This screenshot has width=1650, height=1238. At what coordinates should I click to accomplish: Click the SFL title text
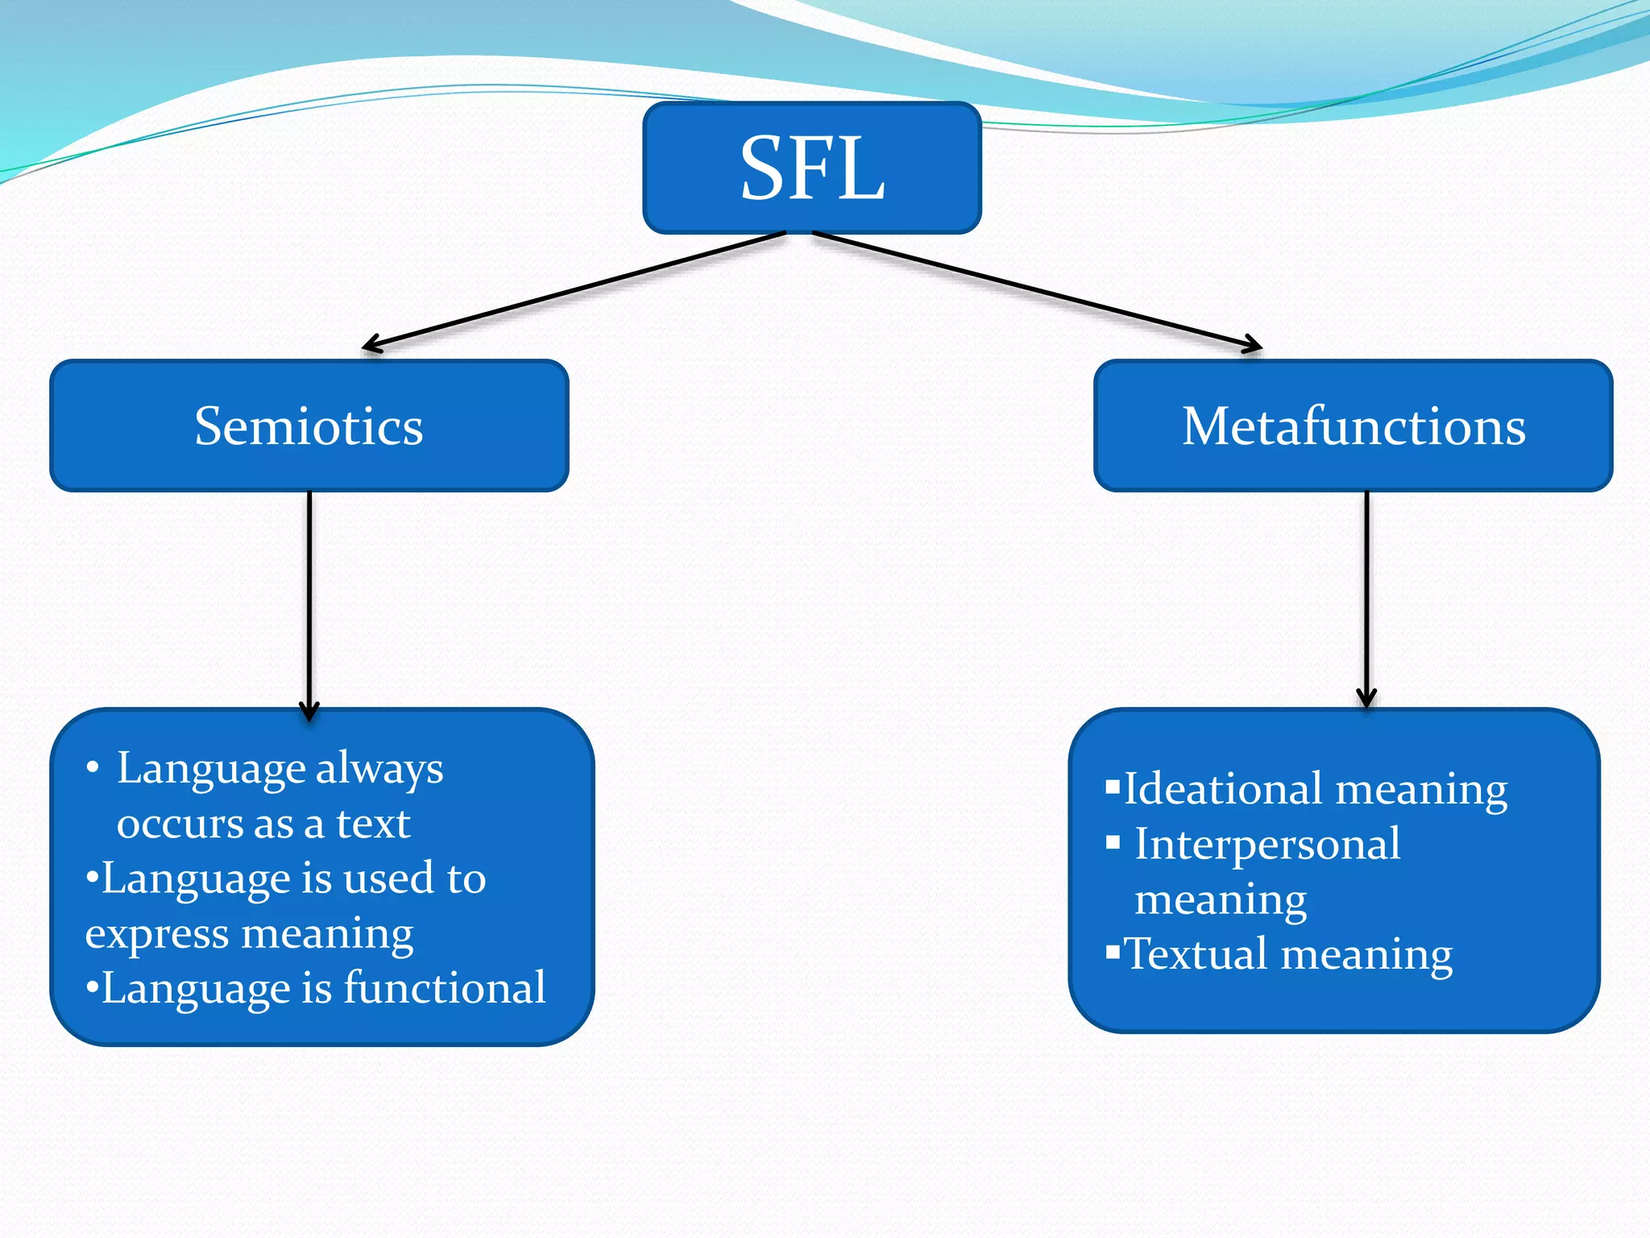[812, 168]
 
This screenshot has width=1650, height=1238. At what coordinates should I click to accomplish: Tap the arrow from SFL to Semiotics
[572, 291]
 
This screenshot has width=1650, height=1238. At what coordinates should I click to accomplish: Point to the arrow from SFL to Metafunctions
[1039, 291]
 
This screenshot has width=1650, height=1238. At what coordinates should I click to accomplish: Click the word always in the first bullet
[379, 770]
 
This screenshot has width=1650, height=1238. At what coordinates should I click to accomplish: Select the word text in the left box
[373, 824]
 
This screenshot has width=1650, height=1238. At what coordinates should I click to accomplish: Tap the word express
[157, 935]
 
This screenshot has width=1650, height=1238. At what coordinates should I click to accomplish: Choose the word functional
[445, 988]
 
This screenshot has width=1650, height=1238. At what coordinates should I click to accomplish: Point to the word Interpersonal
[1267, 844]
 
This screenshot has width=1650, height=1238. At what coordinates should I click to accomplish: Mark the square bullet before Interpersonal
[1113, 843]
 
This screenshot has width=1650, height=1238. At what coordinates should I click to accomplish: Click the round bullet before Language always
[93, 768]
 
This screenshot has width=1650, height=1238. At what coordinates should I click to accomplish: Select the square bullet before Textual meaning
[1113, 953]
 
